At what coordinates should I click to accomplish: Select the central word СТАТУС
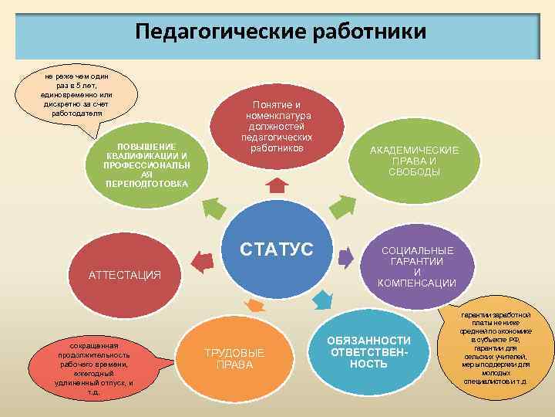pyautogui.click(x=277, y=249)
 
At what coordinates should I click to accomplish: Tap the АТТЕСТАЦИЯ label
pyautogui.click(x=124, y=275)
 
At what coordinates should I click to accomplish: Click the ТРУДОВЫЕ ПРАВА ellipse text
pyautogui.click(x=234, y=358)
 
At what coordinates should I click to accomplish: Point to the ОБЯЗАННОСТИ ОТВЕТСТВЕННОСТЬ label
pyautogui.click(x=368, y=352)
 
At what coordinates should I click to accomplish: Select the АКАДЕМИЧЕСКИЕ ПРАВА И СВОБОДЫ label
pyautogui.click(x=414, y=161)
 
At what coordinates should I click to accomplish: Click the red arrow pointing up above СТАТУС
pyautogui.click(x=276, y=186)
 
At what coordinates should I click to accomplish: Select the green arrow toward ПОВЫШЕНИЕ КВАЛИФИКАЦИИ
pyautogui.click(x=214, y=206)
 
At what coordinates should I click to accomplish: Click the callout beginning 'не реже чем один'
pyautogui.click(x=76, y=95)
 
